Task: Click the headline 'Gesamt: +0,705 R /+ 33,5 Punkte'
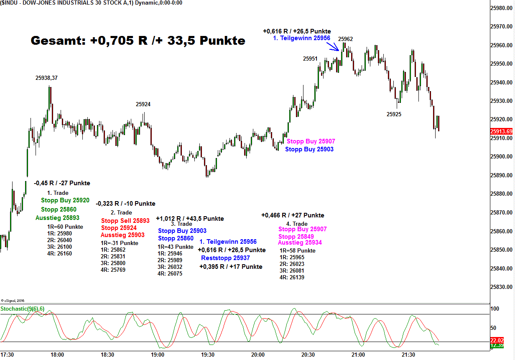(138, 41)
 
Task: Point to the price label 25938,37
(46, 77)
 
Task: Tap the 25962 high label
(345, 39)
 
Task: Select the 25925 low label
(394, 114)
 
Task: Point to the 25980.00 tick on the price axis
(502, 8)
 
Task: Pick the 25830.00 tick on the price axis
(502, 287)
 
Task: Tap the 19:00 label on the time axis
(158, 355)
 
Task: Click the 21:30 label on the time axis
(408, 355)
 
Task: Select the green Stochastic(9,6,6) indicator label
(23, 309)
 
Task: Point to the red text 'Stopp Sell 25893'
(125, 220)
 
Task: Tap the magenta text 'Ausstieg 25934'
(300, 243)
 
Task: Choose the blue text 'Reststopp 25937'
(225, 258)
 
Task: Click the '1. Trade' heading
(58, 193)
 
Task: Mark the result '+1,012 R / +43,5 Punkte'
(190, 218)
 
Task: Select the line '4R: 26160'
(59, 253)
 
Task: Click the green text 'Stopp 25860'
(59, 209)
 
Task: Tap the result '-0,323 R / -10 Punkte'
(125, 204)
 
